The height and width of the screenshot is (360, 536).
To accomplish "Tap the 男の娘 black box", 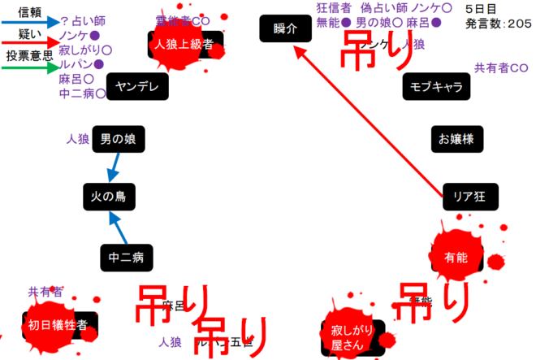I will coord(118,140).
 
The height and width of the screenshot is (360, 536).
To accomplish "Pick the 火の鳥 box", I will coord(107,196).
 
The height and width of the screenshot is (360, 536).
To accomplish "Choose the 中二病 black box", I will coord(126,258).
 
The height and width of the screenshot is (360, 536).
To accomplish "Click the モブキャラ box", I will coord(436,86).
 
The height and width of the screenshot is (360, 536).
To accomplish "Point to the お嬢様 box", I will coord(456,139).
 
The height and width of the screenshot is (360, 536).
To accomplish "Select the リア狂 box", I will coord(469,196).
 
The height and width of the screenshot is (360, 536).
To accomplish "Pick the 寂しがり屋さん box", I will coord(351,336).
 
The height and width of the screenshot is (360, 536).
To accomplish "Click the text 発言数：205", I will coord(499,24).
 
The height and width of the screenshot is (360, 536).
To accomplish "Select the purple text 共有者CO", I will coord(501,67).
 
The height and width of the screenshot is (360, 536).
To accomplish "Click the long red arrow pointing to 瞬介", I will coord(374,122).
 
